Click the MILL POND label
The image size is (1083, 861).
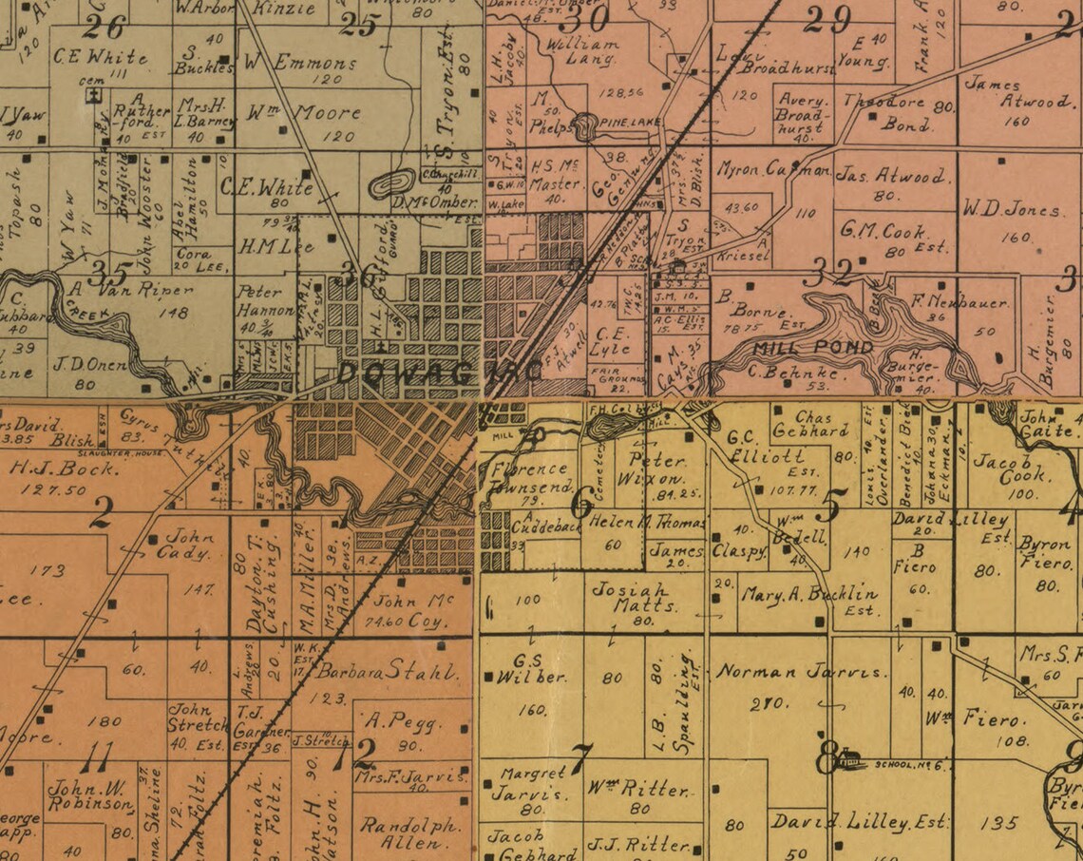click(800, 348)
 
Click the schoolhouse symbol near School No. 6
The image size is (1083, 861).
click(848, 758)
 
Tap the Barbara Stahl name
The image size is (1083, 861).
click(387, 672)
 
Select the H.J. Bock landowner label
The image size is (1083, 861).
click(47, 467)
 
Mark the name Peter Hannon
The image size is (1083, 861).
click(266, 300)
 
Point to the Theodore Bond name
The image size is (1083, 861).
click(900, 112)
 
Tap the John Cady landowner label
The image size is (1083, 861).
click(183, 544)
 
